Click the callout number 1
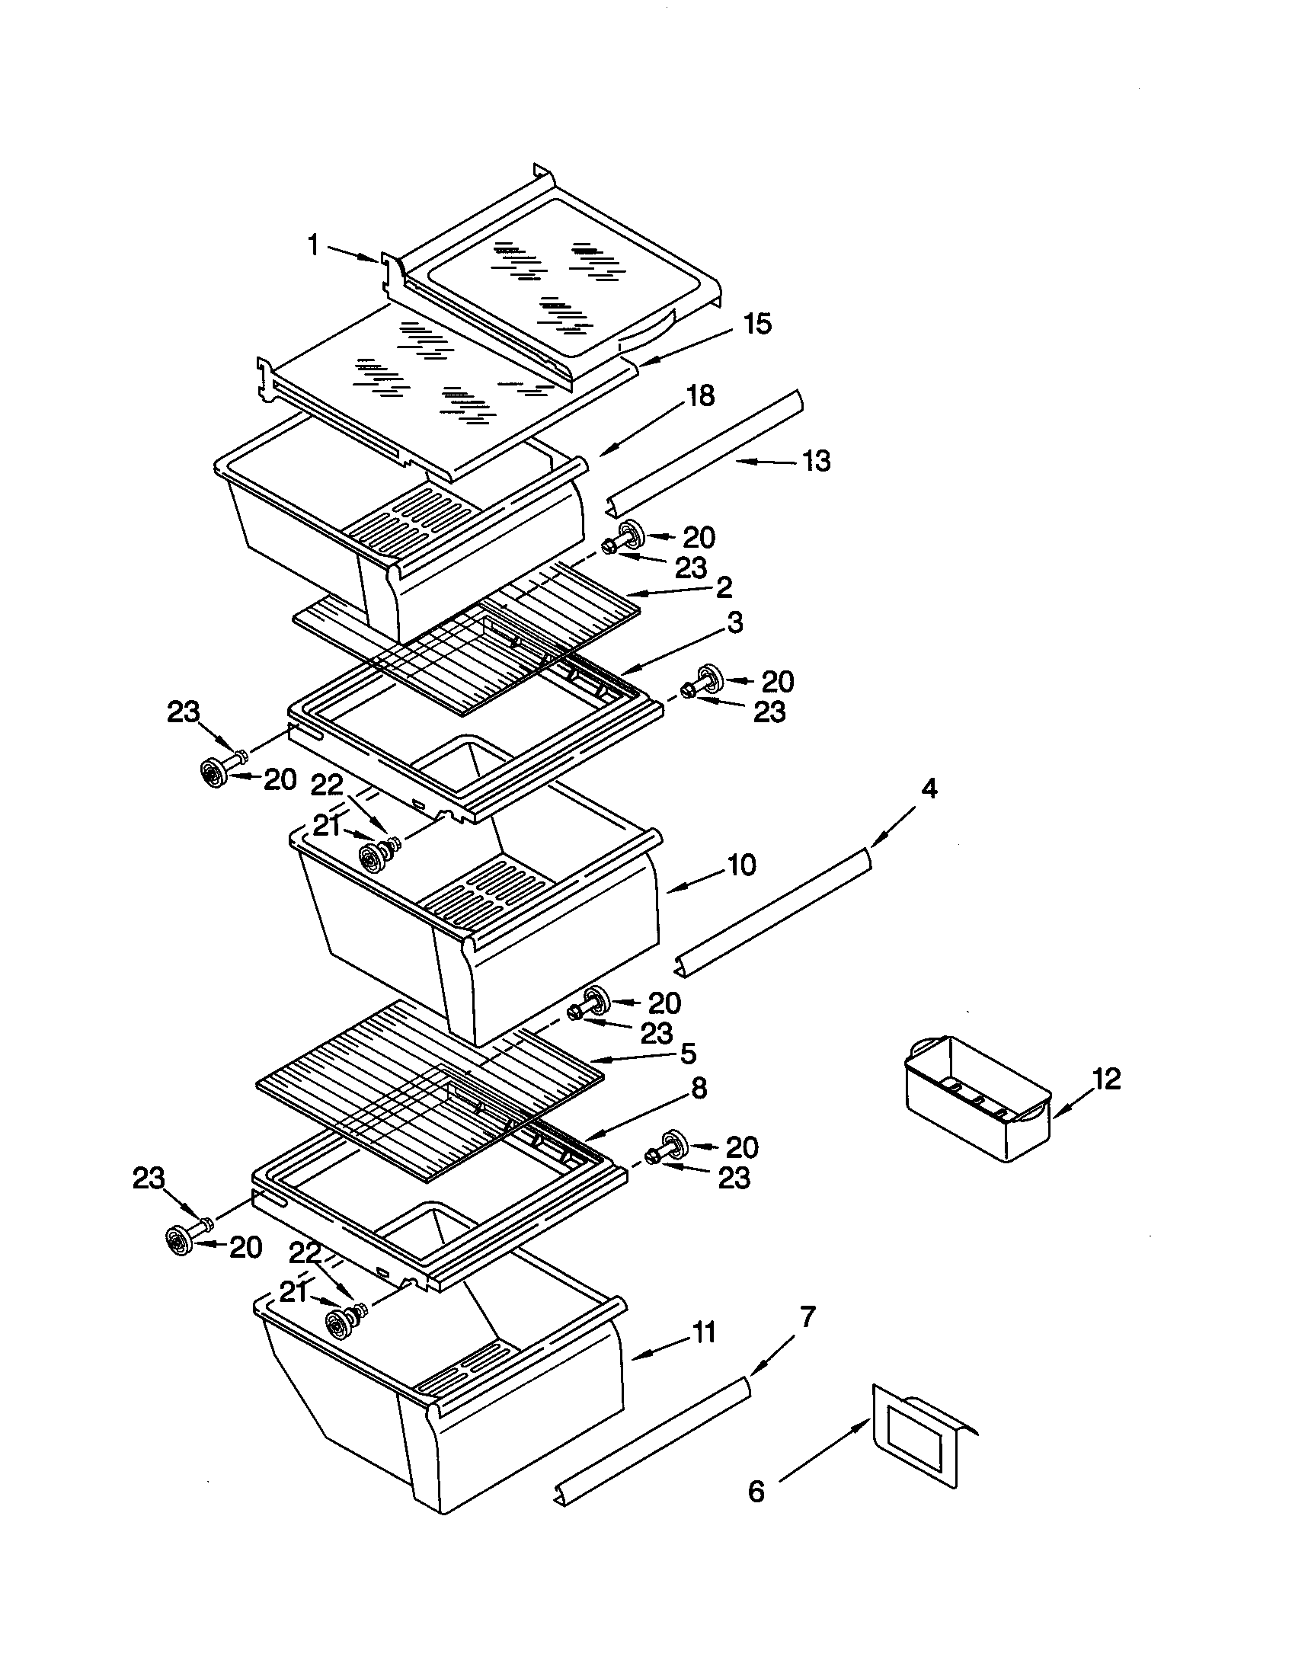[x=313, y=245]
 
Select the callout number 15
[x=756, y=324]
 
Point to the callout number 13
[x=817, y=461]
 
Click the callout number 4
[x=929, y=788]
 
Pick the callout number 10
[x=741, y=865]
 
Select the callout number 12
[x=1105, y=1079]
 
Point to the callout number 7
[x=807, y=1317]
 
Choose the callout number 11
[x=704, y=1333]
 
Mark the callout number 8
[x=698, y=1087]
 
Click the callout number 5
[x=688, y=1053]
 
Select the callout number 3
[x=734, y=622]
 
